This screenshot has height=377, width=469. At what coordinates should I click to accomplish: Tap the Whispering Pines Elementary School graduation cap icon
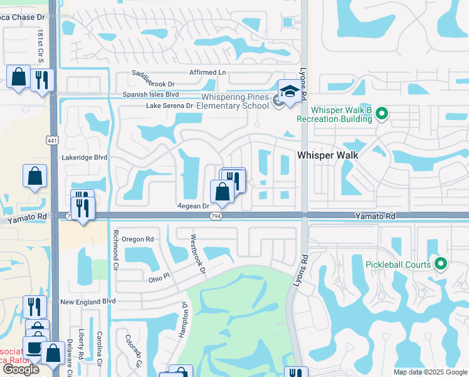[x=289, y=92]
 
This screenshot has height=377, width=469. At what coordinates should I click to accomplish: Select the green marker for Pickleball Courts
[x=441, y=265]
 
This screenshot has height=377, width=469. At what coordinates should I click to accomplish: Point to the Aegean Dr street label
[x=192, y=206]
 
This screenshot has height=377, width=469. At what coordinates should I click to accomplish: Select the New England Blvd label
[x=88, y=302]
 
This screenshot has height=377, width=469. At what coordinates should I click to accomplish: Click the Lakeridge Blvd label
[x=85, y=158]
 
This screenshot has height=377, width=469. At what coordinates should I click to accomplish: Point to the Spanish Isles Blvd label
[x=150, y=94]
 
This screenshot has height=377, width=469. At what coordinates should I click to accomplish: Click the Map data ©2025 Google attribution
[x=429, y=372]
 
